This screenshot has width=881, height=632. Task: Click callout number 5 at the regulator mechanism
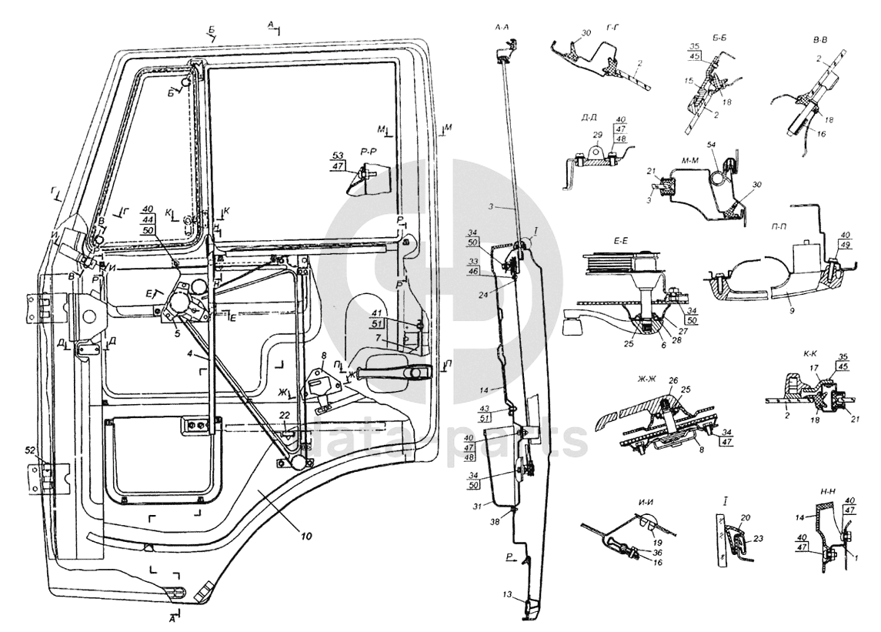(x=177, y=333)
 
